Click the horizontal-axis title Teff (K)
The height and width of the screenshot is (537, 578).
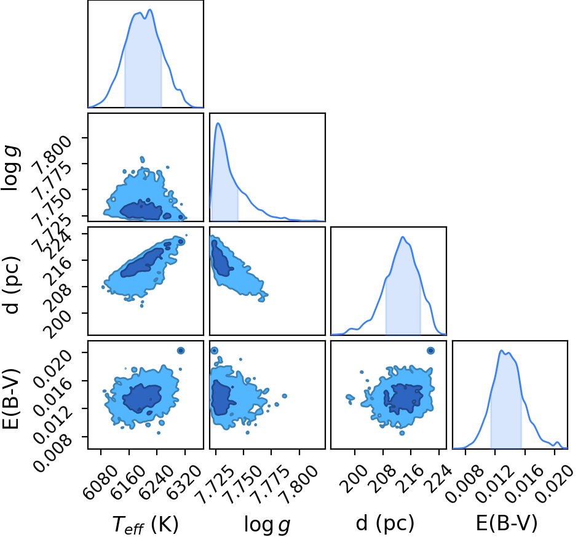click(x=145, y=523)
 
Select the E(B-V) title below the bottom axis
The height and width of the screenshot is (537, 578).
click(x=507, y=523)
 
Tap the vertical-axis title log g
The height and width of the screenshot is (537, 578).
click(x=10, y=168)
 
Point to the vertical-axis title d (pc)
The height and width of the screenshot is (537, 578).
click(x=10, y=284)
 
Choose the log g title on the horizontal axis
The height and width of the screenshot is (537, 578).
click(x=267, y=524)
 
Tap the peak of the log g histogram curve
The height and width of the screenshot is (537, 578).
click(x=218, y=123)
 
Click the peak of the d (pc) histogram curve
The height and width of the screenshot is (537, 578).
click(x=403, y=237)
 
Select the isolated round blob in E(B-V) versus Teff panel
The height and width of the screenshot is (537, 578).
click(x=181, y=351)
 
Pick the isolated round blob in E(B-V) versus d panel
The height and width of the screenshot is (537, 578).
click(x=430, y=351)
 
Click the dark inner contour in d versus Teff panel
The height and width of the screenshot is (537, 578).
click(x=142, y=263)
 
